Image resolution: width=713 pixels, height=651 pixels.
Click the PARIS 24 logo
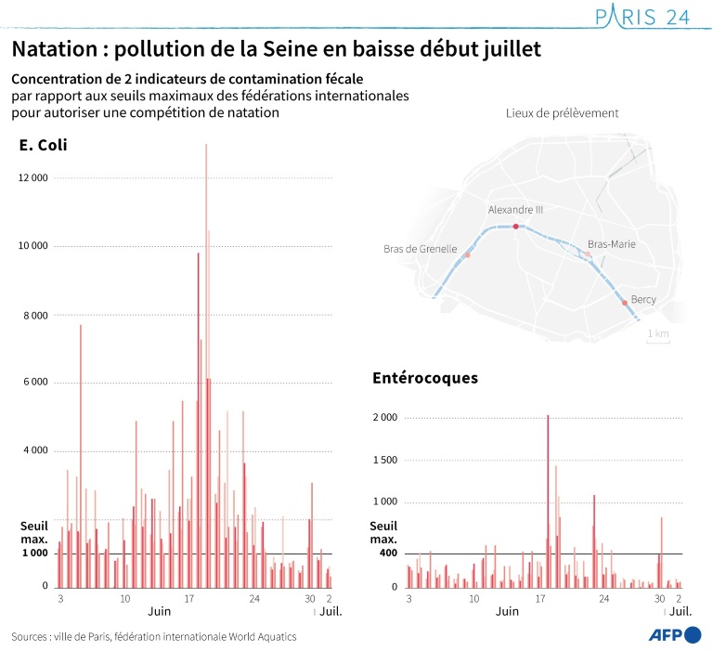[642, 18]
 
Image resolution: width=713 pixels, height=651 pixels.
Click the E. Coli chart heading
[43, 145]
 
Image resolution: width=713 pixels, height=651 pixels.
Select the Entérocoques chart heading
[425, 378]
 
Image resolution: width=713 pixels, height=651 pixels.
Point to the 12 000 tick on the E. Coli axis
[32, 177]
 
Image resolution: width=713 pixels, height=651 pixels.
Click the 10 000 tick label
[32, 246]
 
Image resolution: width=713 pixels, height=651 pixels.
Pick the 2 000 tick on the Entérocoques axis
[384, 418]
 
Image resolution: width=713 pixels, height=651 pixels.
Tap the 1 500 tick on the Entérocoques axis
[384, 460]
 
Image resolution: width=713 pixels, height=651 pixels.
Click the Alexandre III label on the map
[515, 210]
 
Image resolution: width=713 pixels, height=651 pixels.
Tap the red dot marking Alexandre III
[516, 226]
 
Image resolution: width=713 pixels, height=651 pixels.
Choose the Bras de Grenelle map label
[420, 249]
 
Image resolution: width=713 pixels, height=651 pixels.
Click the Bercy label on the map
[643, 299]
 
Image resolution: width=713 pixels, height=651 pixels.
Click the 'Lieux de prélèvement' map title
[562, 113]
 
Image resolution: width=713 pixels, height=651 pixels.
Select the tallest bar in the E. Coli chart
[206, 362]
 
